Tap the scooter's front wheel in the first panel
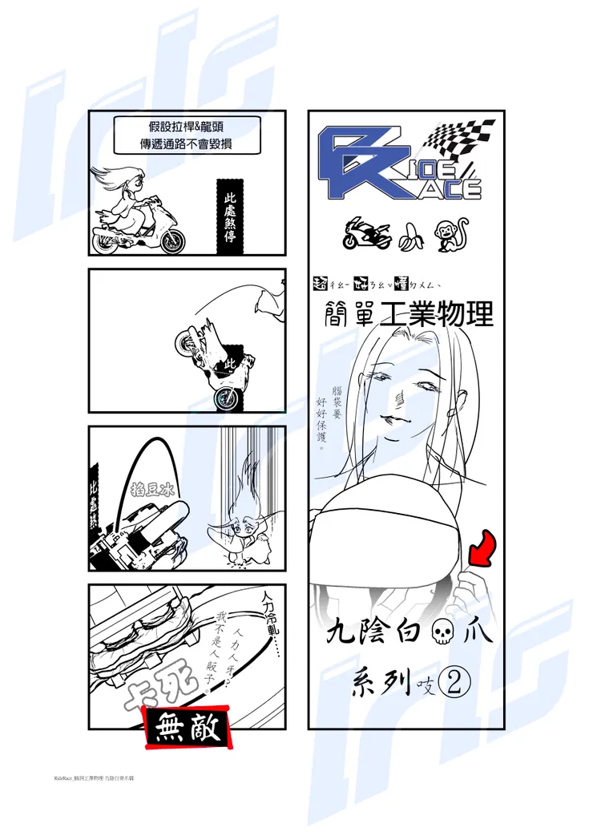(x=171, y=240)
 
